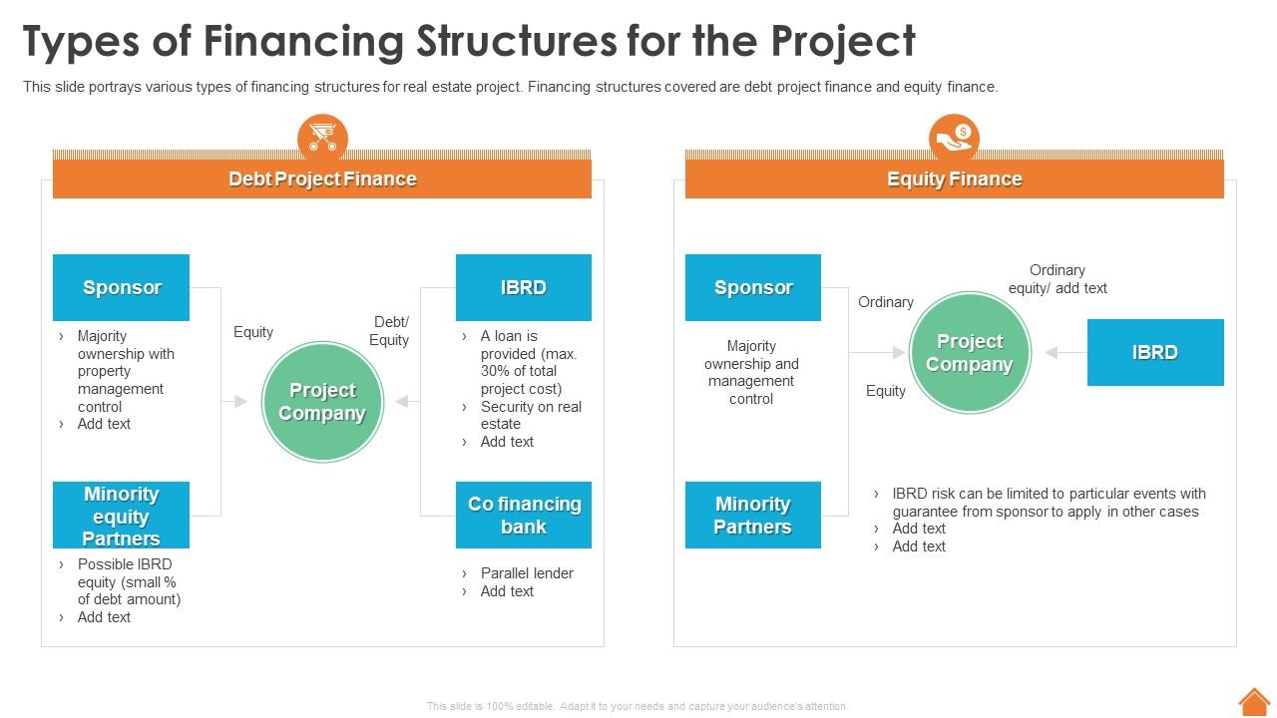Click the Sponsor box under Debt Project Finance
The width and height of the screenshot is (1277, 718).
[x=121, y=287]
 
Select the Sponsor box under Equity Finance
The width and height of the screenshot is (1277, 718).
[x=752, y=287]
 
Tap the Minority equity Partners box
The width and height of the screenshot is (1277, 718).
[x=121, y=516]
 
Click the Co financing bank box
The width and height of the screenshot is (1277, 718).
[x=523, y=516]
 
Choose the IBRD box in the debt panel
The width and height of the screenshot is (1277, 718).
[x=523, y=287]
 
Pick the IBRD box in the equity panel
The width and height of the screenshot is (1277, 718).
[x=1154, y=352]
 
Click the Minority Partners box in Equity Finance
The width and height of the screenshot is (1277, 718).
[x=752, y=516]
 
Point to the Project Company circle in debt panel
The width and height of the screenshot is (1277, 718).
[x=322, y=402]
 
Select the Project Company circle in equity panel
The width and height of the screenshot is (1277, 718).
[x=969, y=353]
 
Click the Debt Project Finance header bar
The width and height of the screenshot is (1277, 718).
[x=321, y=179]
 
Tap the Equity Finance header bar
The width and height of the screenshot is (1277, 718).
[x=954, y=179]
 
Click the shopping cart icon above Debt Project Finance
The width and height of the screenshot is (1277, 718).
[x=322, y=138]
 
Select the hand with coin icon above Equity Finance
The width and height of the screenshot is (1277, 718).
[x=954, y=138]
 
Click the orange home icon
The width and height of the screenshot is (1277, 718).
[x=1254, y=701]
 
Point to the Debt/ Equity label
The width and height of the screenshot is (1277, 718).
[x=389, y=331]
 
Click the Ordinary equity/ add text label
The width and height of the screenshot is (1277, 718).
[x=1058, y=279]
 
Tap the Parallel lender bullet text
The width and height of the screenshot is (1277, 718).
[x=526, y=573]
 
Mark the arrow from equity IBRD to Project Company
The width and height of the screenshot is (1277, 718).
[x=1064, y=353]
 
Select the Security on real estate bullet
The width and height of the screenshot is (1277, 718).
[x=530, y=415]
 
